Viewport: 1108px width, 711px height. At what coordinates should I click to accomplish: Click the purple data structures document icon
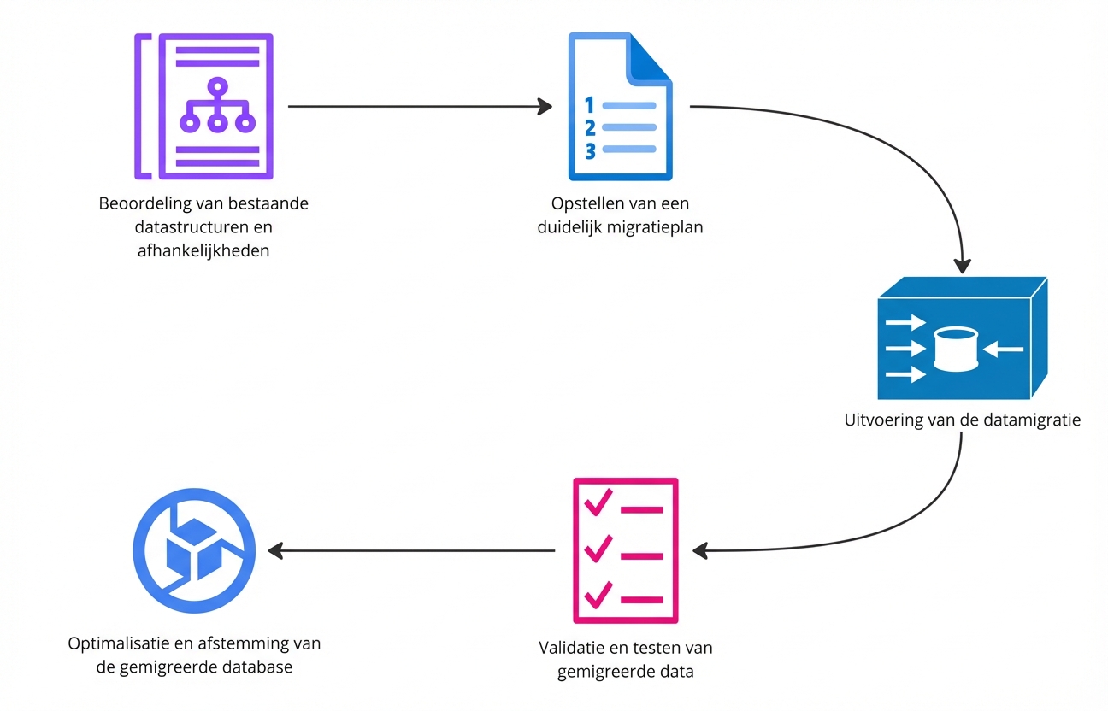pyautogui.click(x=204, y=106)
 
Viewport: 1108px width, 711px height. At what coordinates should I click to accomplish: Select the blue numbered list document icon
pyautogui.click(x=621, y=106)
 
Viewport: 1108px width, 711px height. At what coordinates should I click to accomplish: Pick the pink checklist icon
pyautogui.click(x=624, y=550)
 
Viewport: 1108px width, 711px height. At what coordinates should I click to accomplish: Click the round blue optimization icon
pyautogui.click(x=195, y=549)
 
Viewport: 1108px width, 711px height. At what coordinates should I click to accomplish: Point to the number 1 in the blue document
pyautogui.click(x=588, y=105)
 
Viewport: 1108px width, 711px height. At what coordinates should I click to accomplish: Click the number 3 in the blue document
pyautogui.click(x=590, y=150)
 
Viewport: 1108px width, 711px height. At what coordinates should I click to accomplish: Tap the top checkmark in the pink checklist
pyautogui.click(x=598, y=503)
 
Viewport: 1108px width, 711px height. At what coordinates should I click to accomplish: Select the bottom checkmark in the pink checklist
pyautogui.click(x=598, y=593)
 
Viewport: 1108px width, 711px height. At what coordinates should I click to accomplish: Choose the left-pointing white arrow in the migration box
pyautogui.click(x=1003, y=348)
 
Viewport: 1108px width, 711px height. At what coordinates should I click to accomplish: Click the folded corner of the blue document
pyautogui.click(x=652, y=56)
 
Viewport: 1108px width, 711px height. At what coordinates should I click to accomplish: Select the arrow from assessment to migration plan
pyautogui.click(x=419, y=107)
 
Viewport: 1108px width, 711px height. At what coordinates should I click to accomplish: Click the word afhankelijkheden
pyautogui.click(x=203, y=250)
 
